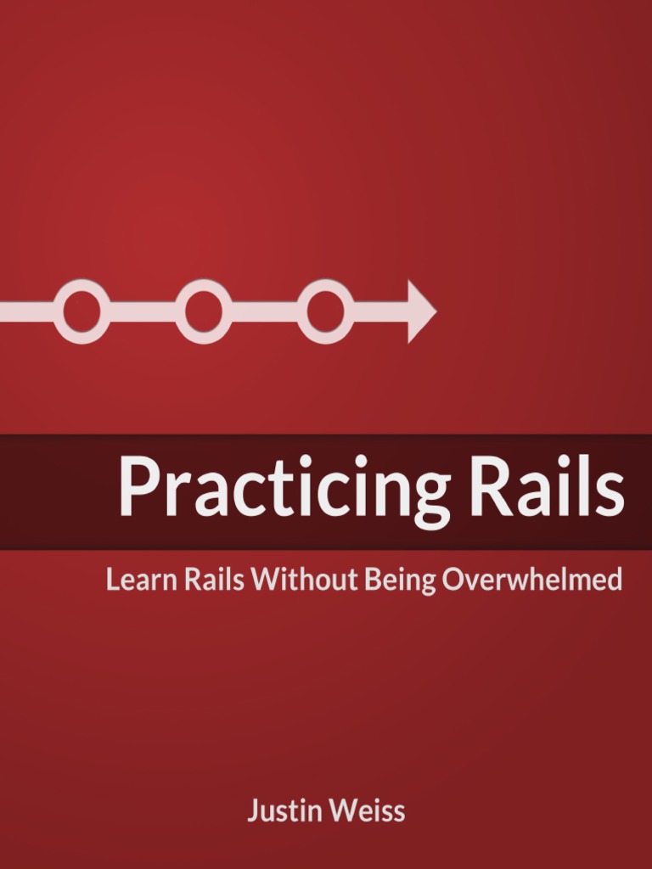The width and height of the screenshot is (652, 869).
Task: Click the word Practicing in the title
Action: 284,491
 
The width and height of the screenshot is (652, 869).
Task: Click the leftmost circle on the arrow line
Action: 82,311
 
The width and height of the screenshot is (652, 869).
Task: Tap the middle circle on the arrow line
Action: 204,311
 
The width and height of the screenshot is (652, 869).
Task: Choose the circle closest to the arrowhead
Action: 325,311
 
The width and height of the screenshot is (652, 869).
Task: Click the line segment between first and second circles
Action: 143,311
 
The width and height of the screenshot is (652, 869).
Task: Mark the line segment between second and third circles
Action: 264,311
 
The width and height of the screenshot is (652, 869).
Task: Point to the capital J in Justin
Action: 253,811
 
